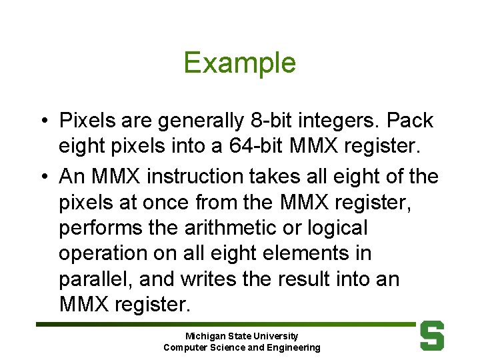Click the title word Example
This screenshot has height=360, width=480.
pos(239,63)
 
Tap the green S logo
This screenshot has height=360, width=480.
pos(432,336)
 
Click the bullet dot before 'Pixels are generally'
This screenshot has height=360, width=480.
pos(43,121)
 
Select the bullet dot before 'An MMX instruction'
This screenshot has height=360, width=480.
pos(43,177)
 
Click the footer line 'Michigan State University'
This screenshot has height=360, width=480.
pos(241,336)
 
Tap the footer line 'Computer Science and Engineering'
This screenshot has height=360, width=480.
pos(241,347)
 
